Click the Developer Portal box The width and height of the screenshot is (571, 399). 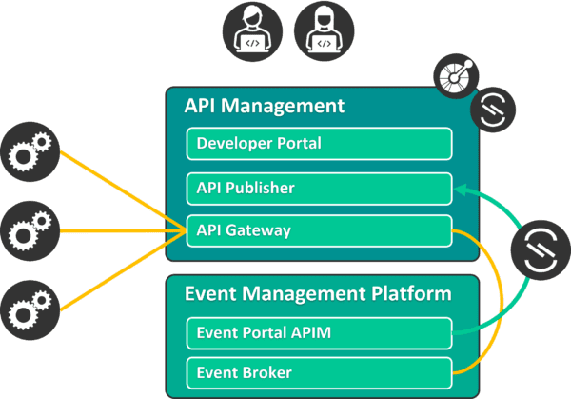(318, 145)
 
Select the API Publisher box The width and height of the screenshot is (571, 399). (318, 188)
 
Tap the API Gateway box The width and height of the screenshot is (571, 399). (318, 230)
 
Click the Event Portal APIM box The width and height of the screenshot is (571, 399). (318, 332)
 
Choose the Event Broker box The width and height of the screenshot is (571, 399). (318, 372)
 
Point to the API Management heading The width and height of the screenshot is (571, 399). (264, 106)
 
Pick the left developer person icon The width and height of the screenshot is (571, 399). (253, 30)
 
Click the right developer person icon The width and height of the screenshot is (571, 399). (323, 30)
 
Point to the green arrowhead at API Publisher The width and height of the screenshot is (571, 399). (459, 190)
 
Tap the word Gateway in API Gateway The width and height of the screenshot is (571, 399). (258, 230)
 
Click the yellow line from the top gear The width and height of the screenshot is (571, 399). (124, 191)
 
